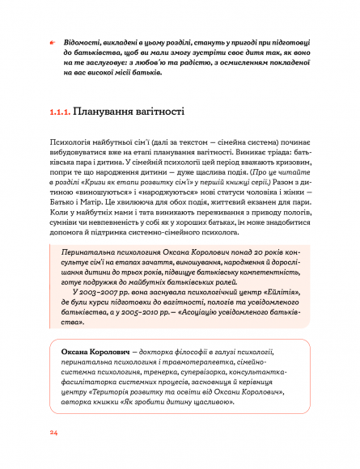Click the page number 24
53,433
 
